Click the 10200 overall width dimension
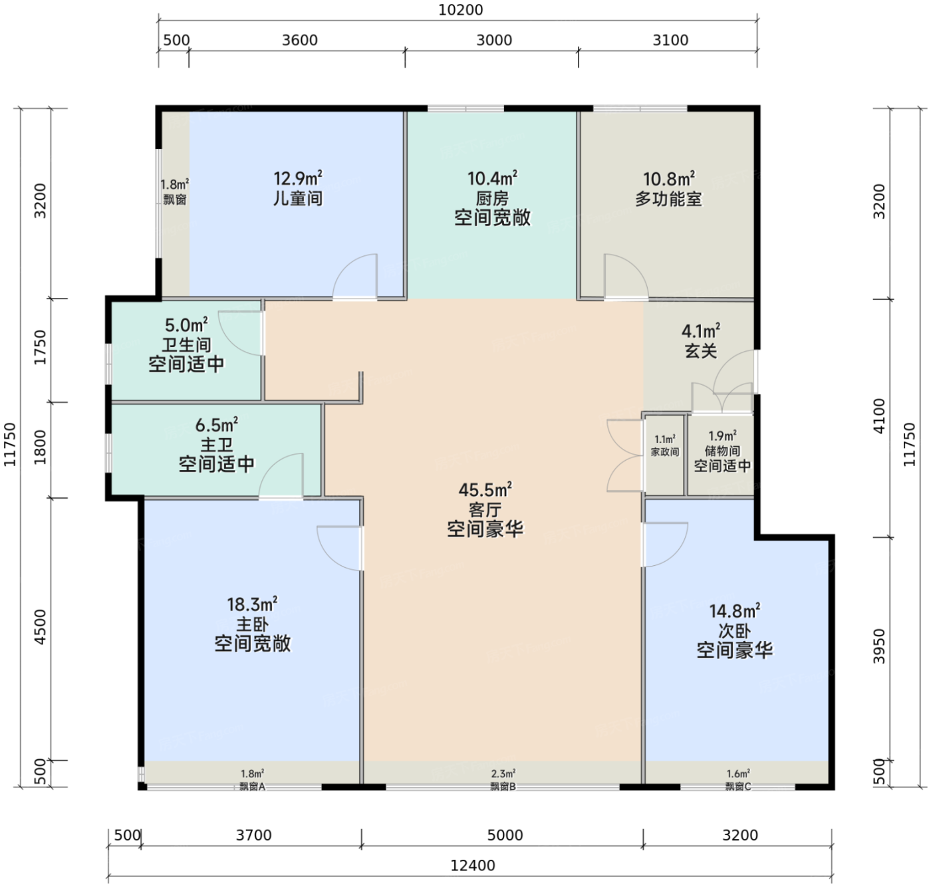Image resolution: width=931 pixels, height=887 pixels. pyautogui.click(x=460, y=10)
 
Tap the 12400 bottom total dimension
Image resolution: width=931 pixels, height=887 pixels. pyautogui.click(x=472, y=865)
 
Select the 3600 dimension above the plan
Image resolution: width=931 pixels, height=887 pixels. pyautogui.click(x=300, y=41)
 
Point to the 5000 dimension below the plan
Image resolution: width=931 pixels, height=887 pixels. pyautogui.click(x=505, y=834)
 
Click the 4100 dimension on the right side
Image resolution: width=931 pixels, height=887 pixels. pyautogui.click(x=879, y=416)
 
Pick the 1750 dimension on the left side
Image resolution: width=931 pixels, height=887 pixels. pyautogui.click(x=41, y=347)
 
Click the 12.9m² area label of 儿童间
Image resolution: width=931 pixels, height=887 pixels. pyautogui.click(x=299, y=179)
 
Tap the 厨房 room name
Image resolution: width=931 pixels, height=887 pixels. pyautogui.click(x=493, y=198)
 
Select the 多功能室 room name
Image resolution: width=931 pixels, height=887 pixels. pyautogui.click(x=668, y=199)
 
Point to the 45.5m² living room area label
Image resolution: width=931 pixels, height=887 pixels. pyautogui.click(x=485, y=489)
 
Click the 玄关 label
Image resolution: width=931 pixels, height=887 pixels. pyautogui.click(x=701, y=351)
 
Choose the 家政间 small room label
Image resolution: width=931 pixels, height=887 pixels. pyautogui.click(x=665, y=451)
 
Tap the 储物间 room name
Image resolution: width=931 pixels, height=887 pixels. pyautogui.click(x=722, y=450)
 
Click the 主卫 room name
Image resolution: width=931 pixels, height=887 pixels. pyautogui.click(x=216, y=445)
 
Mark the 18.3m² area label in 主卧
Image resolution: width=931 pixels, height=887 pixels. pyautogui.click(x=253, y=604)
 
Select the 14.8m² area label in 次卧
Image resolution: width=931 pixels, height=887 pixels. pyautogui.click(x=734, y=611)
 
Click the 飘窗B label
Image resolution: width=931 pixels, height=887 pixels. pyautogui.click(x=503, y=787)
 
